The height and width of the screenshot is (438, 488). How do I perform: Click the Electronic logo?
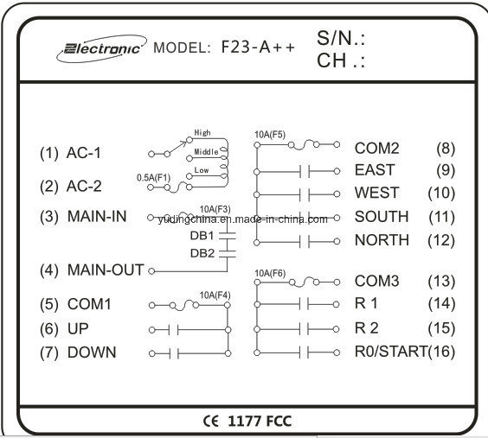click(x=101, y=48)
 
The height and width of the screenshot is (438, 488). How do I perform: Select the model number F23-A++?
click(x=258, y=48)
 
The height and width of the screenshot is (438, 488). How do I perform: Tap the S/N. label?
click(x=341, y=38)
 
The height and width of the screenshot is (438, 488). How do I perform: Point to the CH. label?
click(x=341, y=60)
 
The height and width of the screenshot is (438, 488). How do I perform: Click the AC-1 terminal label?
click(x=84, y=153)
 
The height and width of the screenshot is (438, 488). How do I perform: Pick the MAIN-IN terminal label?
click(x=97, y=216)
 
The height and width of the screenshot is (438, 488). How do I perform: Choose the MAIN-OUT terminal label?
click(x=106, y=270)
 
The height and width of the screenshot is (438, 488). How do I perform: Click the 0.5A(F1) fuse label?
click(x=154, y=178)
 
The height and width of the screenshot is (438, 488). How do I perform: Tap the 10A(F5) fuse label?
click(x=270, y=135)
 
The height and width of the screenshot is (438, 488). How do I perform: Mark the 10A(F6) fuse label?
click(x=270, y=273)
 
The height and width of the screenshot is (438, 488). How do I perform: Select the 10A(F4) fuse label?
click(x=215, y=295)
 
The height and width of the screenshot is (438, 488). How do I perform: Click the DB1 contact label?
click(x=202, y=236)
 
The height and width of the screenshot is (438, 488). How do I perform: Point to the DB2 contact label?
click(x=202, y=253)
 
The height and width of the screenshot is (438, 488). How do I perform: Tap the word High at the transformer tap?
click(x=202, y=133)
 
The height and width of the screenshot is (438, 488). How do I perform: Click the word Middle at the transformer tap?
click(x=206, y=152)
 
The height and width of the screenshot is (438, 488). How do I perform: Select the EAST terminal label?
click(x=375, y=170)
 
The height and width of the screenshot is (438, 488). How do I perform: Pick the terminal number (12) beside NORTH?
click(x=441, y=240)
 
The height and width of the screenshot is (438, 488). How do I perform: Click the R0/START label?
click(x=391, y=352)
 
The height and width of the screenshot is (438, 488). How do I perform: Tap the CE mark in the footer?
click(x=211, y=421)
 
